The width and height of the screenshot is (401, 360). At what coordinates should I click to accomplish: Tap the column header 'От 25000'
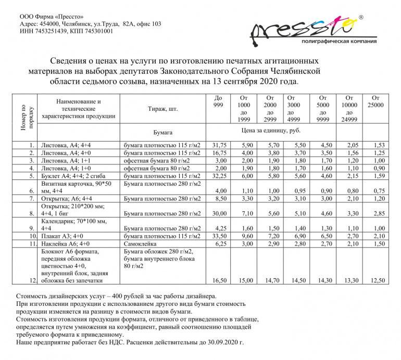point(376,101)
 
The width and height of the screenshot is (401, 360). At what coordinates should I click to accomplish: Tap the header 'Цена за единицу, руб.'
point(271,130)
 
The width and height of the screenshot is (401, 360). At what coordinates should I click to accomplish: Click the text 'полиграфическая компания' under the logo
point(339,41)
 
